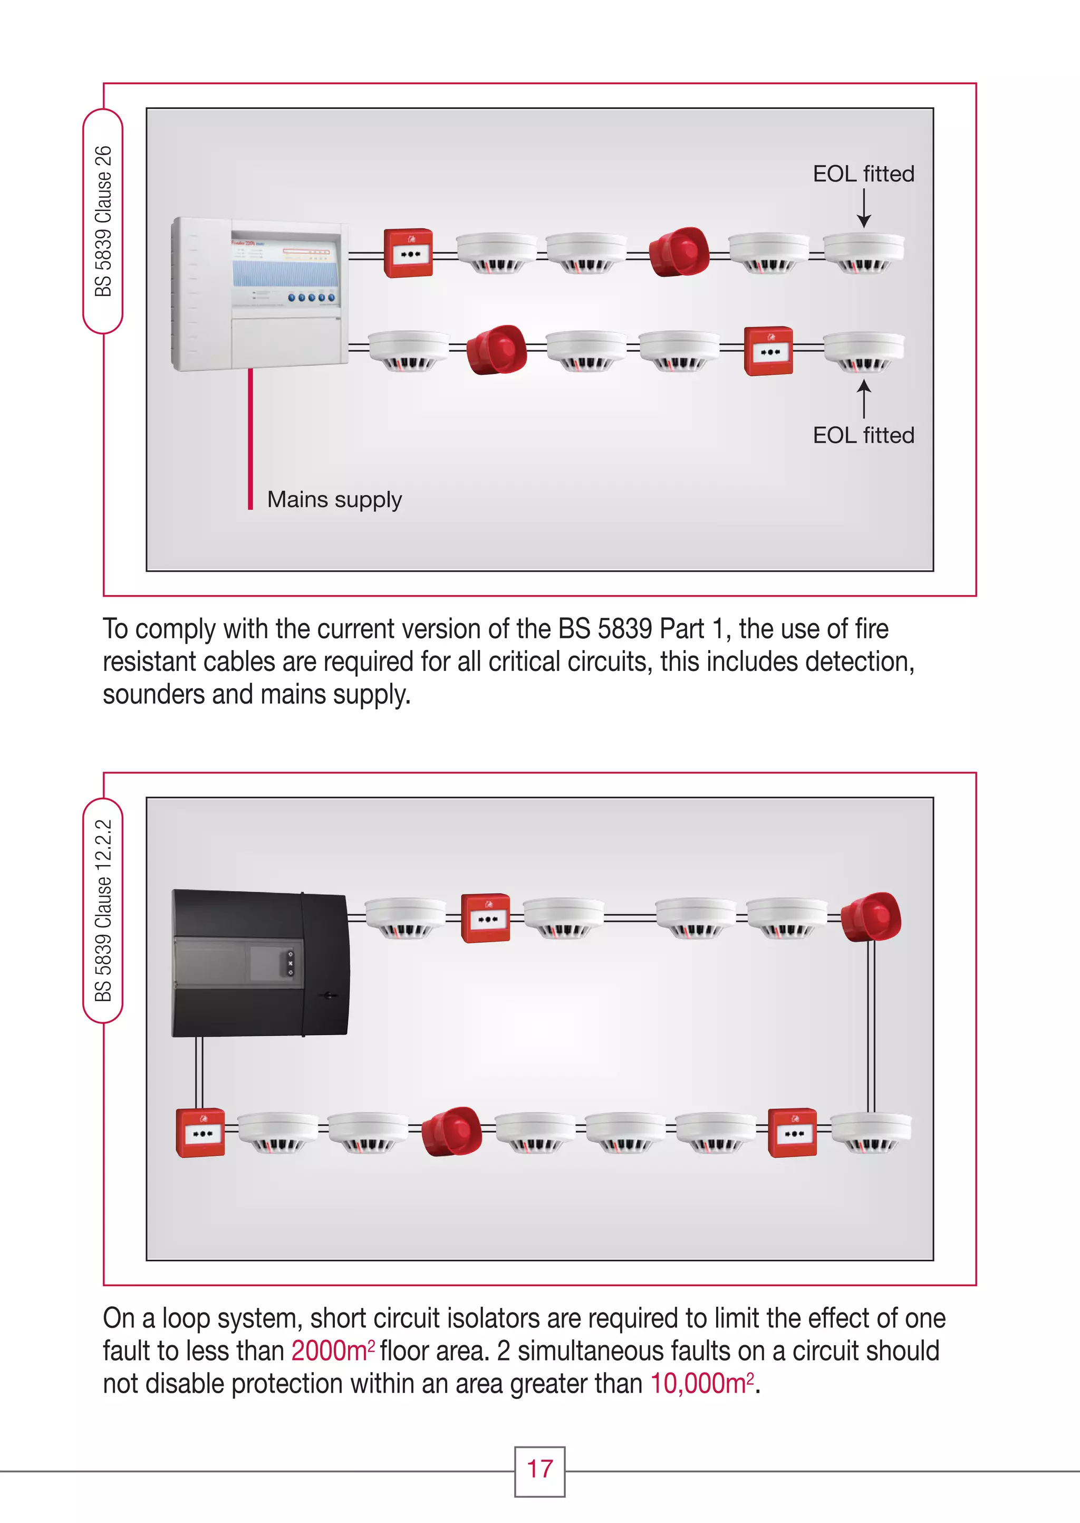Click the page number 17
539,1469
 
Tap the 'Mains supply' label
334,500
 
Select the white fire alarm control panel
260,293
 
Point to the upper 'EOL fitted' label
863,174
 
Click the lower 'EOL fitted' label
863,436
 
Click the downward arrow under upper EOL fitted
863,209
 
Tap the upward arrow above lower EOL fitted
863,398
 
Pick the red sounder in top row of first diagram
678,252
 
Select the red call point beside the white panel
408,253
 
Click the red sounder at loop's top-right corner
871,916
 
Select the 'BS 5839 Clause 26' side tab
103,221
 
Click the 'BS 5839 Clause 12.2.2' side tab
103,910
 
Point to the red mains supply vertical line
250,439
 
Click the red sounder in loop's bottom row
451,1131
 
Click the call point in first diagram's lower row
768,351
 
